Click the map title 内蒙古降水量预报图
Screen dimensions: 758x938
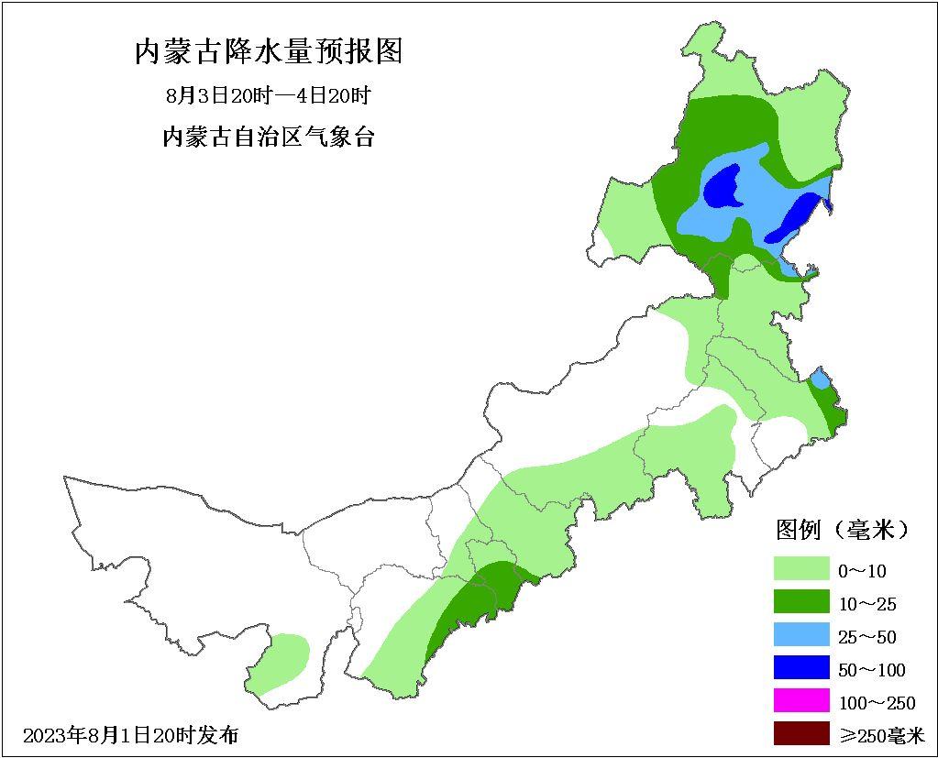(269, 51)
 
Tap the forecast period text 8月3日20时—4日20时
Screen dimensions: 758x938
(268, 96)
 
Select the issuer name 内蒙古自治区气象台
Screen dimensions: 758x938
(268, 137)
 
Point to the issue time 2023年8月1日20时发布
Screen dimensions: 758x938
(130, 735)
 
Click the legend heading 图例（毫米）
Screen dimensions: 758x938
(843, 530)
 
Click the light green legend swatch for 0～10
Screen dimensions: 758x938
(800, 570)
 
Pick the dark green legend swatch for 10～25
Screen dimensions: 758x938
(800, 602)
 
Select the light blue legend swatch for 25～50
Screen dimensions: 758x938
(800, 635)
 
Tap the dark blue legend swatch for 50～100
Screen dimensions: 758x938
(800, 668)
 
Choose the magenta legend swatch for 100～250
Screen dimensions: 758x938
(800, 701)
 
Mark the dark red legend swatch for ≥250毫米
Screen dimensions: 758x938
(800, 733)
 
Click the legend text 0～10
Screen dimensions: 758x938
(862, 571)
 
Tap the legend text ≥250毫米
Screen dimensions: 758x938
(881, 735)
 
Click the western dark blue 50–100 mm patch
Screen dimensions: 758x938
(723, 187)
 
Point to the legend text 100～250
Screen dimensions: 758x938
(877, 703)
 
